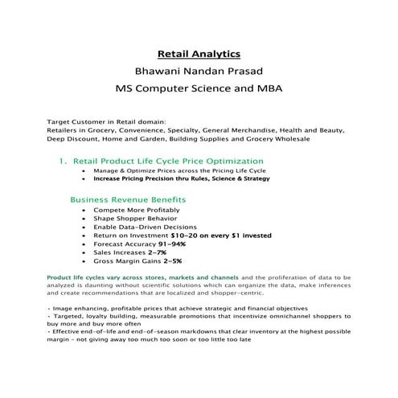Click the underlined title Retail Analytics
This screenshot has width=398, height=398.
point(199,54)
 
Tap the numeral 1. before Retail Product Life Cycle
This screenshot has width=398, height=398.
point(63,161)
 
